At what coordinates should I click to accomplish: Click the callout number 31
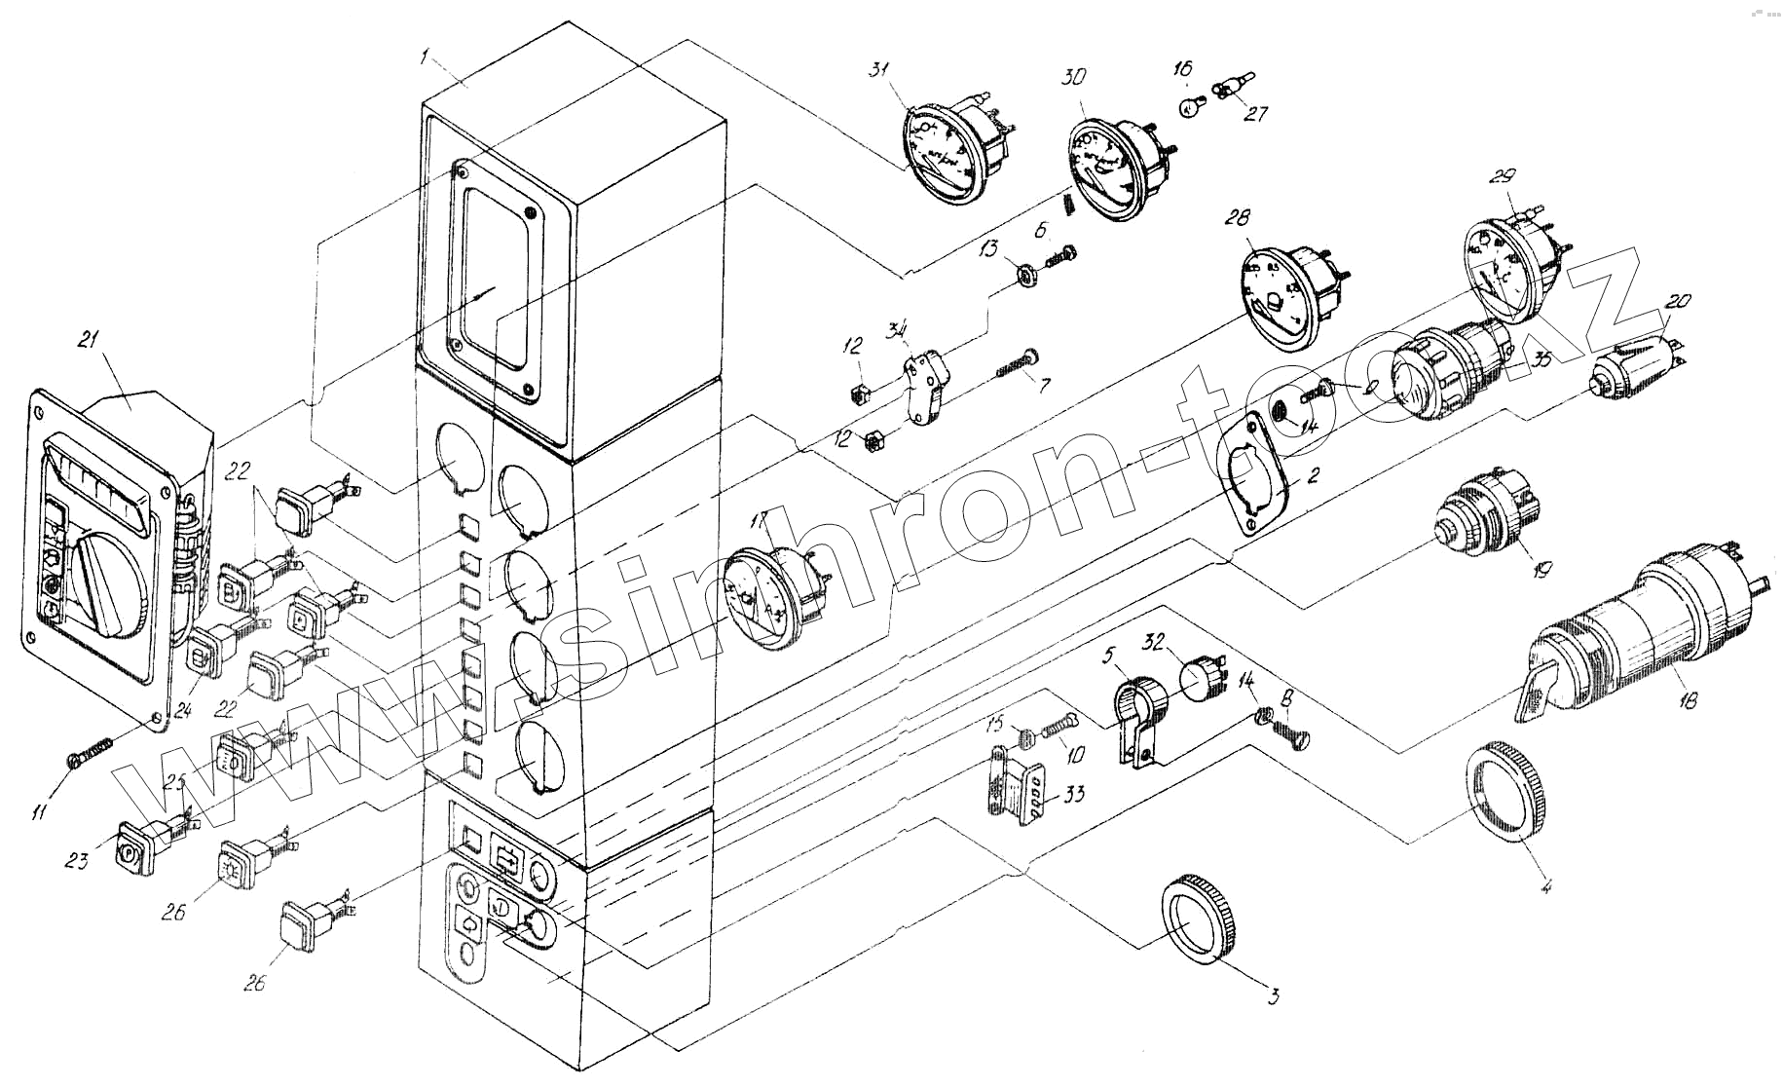tap(879, 71)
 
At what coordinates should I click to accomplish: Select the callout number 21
tap(88, 340)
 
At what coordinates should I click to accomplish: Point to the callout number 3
tap(1273, 995)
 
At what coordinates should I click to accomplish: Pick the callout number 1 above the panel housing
tap(425, 57)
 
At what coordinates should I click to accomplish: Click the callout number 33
tap(1073, 795)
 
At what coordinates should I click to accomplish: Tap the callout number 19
tap(1538, 571)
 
